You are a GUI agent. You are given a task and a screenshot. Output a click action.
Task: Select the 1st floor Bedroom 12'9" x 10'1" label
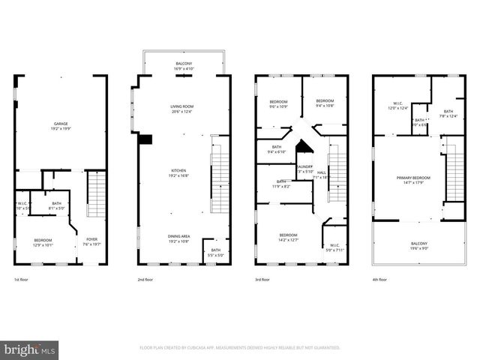click(43, 241)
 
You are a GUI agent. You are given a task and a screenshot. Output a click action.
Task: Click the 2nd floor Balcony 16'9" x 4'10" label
click(184, 65)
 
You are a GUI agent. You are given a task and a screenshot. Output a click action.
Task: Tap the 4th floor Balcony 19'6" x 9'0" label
click(418, 246)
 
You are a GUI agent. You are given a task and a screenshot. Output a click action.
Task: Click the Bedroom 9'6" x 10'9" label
click(279, 103)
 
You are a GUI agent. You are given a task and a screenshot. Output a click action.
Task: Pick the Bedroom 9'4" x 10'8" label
click(324, 103)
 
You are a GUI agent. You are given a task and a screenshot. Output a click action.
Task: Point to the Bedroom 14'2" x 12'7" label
click(288, 238)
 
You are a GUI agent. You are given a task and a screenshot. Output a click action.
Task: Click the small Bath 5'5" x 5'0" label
click(216, 253)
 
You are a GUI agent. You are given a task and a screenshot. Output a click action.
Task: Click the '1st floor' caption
click(22, 279)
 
